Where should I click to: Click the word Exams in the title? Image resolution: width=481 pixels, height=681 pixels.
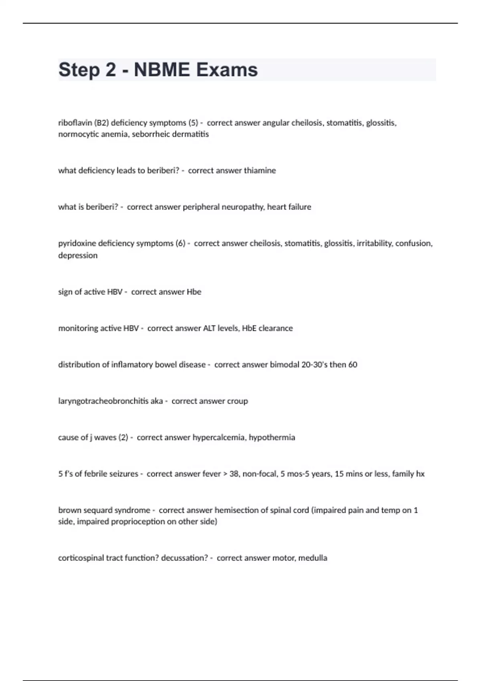pos(227,70)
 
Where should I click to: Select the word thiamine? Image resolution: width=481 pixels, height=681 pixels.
pos(260,171)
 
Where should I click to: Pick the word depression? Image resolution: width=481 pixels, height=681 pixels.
pos(78,256)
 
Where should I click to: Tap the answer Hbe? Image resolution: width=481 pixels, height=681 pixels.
pos(194,292)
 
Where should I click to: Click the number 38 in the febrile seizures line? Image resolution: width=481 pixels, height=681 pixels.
pos(234,474)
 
